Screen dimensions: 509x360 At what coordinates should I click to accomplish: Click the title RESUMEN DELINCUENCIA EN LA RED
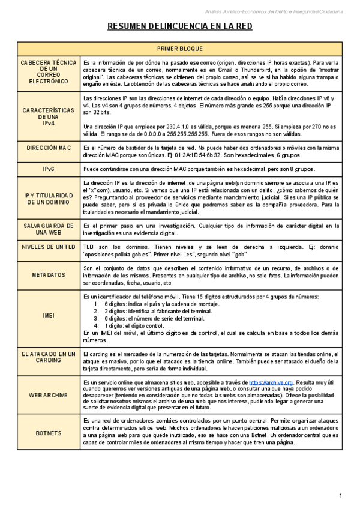coord(179,26)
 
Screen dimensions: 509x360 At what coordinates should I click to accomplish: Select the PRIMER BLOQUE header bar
coord(179,49)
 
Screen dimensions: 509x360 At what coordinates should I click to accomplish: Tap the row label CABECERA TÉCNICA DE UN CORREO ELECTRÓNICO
coord(49,72)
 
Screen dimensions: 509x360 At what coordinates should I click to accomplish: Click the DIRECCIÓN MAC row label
coord(49,148)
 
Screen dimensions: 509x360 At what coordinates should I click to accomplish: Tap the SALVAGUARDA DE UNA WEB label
coord(49,229)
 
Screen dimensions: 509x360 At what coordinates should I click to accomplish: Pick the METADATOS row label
coord(49,275)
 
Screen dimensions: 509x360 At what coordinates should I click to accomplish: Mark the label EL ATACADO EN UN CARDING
coord(49,358)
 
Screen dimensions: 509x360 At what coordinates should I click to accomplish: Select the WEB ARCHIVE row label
coord(49,395)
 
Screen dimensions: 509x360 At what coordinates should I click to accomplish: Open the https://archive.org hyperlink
coord(271,382)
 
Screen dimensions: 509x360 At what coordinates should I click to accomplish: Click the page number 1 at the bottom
coord(340,496)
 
